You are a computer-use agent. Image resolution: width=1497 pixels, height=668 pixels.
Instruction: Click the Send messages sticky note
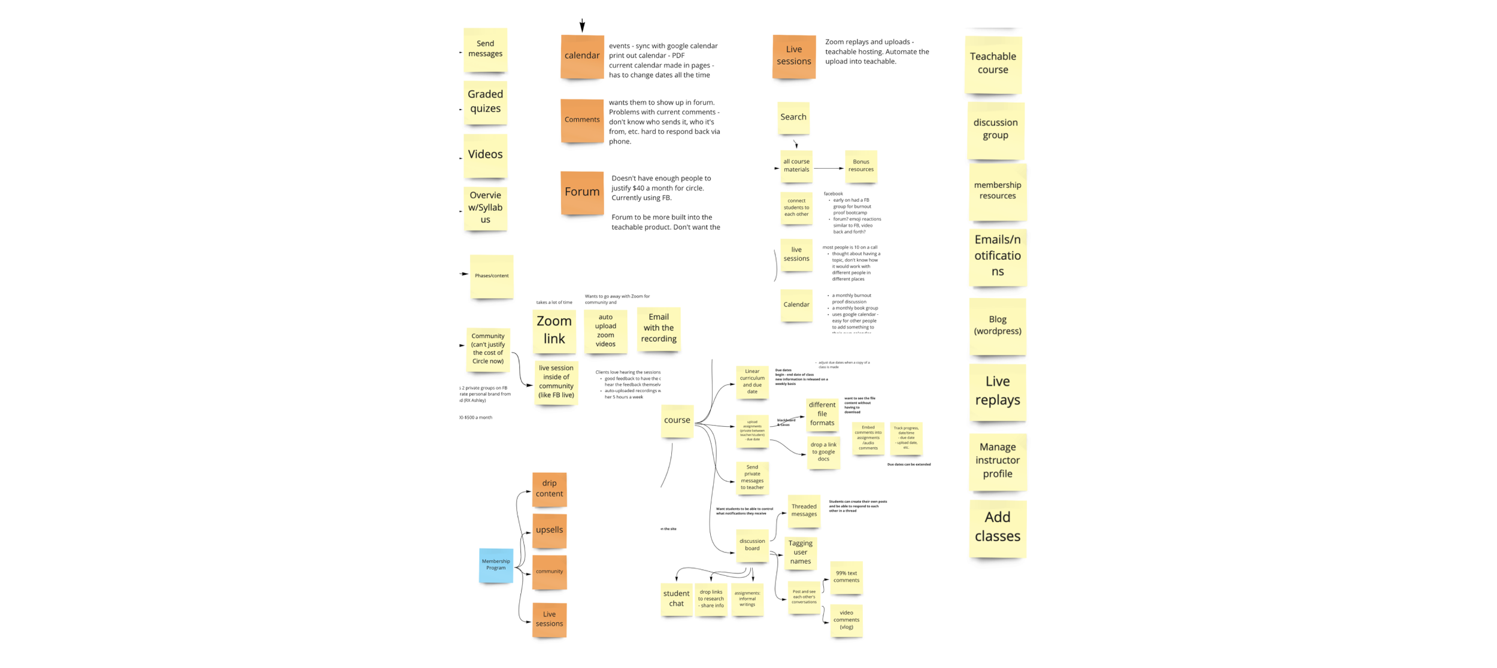(x=485, y=49)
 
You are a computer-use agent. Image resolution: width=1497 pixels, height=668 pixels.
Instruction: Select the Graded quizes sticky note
(x=485, y=102)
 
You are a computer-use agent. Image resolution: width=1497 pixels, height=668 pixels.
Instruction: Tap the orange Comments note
(x=581, y=120)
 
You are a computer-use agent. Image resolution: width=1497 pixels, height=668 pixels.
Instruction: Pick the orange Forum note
(x=581, y=192)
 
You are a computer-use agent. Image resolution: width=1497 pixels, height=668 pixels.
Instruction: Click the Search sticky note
(x=793, y=117)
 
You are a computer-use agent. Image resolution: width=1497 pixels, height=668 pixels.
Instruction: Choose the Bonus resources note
(x=860, y=166)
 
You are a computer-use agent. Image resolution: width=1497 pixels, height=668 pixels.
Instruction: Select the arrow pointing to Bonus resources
(x=829, y=168)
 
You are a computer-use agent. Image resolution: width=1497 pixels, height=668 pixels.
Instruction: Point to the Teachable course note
(x=993, y=63)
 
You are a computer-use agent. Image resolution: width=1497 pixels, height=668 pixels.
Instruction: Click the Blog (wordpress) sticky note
(x=997, y=326)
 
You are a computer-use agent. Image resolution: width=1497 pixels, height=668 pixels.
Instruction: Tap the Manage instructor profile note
(x=997, y=461)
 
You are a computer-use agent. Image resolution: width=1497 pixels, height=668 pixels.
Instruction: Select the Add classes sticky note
(x=997, y=527)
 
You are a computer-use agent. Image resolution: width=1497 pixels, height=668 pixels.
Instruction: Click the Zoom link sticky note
(x=554, y=330)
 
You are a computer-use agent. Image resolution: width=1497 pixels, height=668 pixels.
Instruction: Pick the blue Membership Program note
(x=496, y=564)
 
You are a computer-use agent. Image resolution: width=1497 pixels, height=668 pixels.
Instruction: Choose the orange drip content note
(x=549, y=489)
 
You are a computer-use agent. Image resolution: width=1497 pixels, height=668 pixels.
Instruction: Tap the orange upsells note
(x=549, y=530)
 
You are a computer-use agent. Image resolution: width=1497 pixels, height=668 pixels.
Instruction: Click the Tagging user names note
(x=800, y=552)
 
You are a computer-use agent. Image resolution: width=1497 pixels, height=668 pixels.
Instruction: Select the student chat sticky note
(x=676, y=599)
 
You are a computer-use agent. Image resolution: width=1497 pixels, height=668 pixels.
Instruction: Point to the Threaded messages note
(x=804, y=511)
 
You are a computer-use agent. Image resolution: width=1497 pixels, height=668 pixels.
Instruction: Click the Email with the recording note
(x=658, y=328)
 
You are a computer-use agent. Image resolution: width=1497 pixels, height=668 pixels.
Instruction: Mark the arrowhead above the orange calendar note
(x=582, y=27)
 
